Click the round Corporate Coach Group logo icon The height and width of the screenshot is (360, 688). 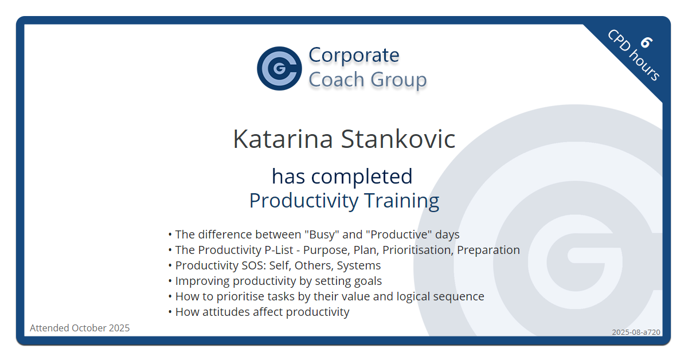click(x=279, y=68)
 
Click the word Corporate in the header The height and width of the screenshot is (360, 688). click(x=354, y=55)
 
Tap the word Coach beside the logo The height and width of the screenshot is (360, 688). click(x=337, y=80)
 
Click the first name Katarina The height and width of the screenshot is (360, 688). click(x=282, y=139)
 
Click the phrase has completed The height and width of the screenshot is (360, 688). click(x=342, y=176)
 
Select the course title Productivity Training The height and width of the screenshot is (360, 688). click(x=344, y=201)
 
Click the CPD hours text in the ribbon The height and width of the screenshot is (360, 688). click(x=634, y=55)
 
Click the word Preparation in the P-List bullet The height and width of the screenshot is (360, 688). click(x=488, y=250)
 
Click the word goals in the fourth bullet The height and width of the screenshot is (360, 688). click(x=368, y=281)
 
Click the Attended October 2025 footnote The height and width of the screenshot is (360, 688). click(x=80, y=328)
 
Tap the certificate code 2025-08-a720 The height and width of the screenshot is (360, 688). click(x=635, y=332)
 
